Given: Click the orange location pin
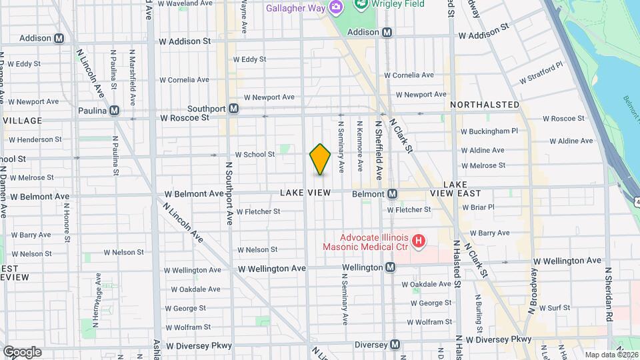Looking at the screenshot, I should pyautogui.click(x=320, y=159).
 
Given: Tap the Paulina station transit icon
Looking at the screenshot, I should pyautogui.click(x=115, y=110).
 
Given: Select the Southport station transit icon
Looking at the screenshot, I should pyautogui.click(x=233, y=109).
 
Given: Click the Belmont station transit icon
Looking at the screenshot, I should pyautogui.click(x=393, y=194).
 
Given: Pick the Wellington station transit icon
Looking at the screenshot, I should pyautogui.click(x=391, y=267).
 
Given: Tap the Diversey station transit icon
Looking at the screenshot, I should pyautogui.click(x=395, y=345).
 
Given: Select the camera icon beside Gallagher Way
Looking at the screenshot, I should pyautogui.click(x=337, y=7).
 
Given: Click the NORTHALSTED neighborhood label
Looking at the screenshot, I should pyautogui.click(x=485, y=105).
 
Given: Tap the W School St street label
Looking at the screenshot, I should pyautogui.click(x=255, y=154).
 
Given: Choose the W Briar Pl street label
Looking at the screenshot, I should pyautogui.click(x=478, y=207).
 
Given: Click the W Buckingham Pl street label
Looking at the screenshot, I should pyautogui.click(x=489, y=131).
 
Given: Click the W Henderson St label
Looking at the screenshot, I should pyautogui.click(x=35, y=139).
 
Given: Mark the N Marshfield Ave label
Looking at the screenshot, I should pyautogui.click(x=133, y=77).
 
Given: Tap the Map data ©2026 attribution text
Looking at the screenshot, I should pyautogui.click(x=611, y=355).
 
